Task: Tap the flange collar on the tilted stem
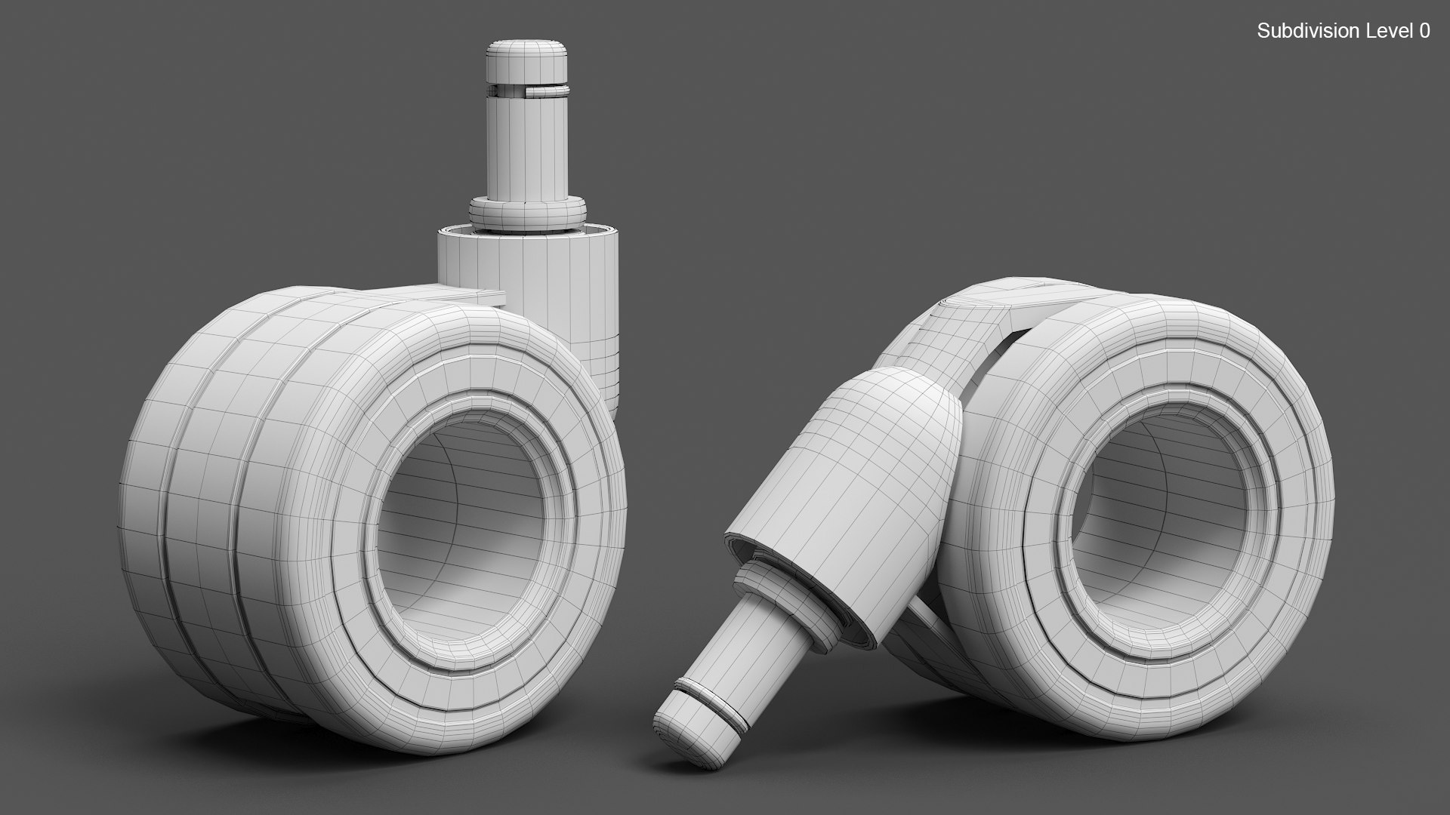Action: [785, 596]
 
